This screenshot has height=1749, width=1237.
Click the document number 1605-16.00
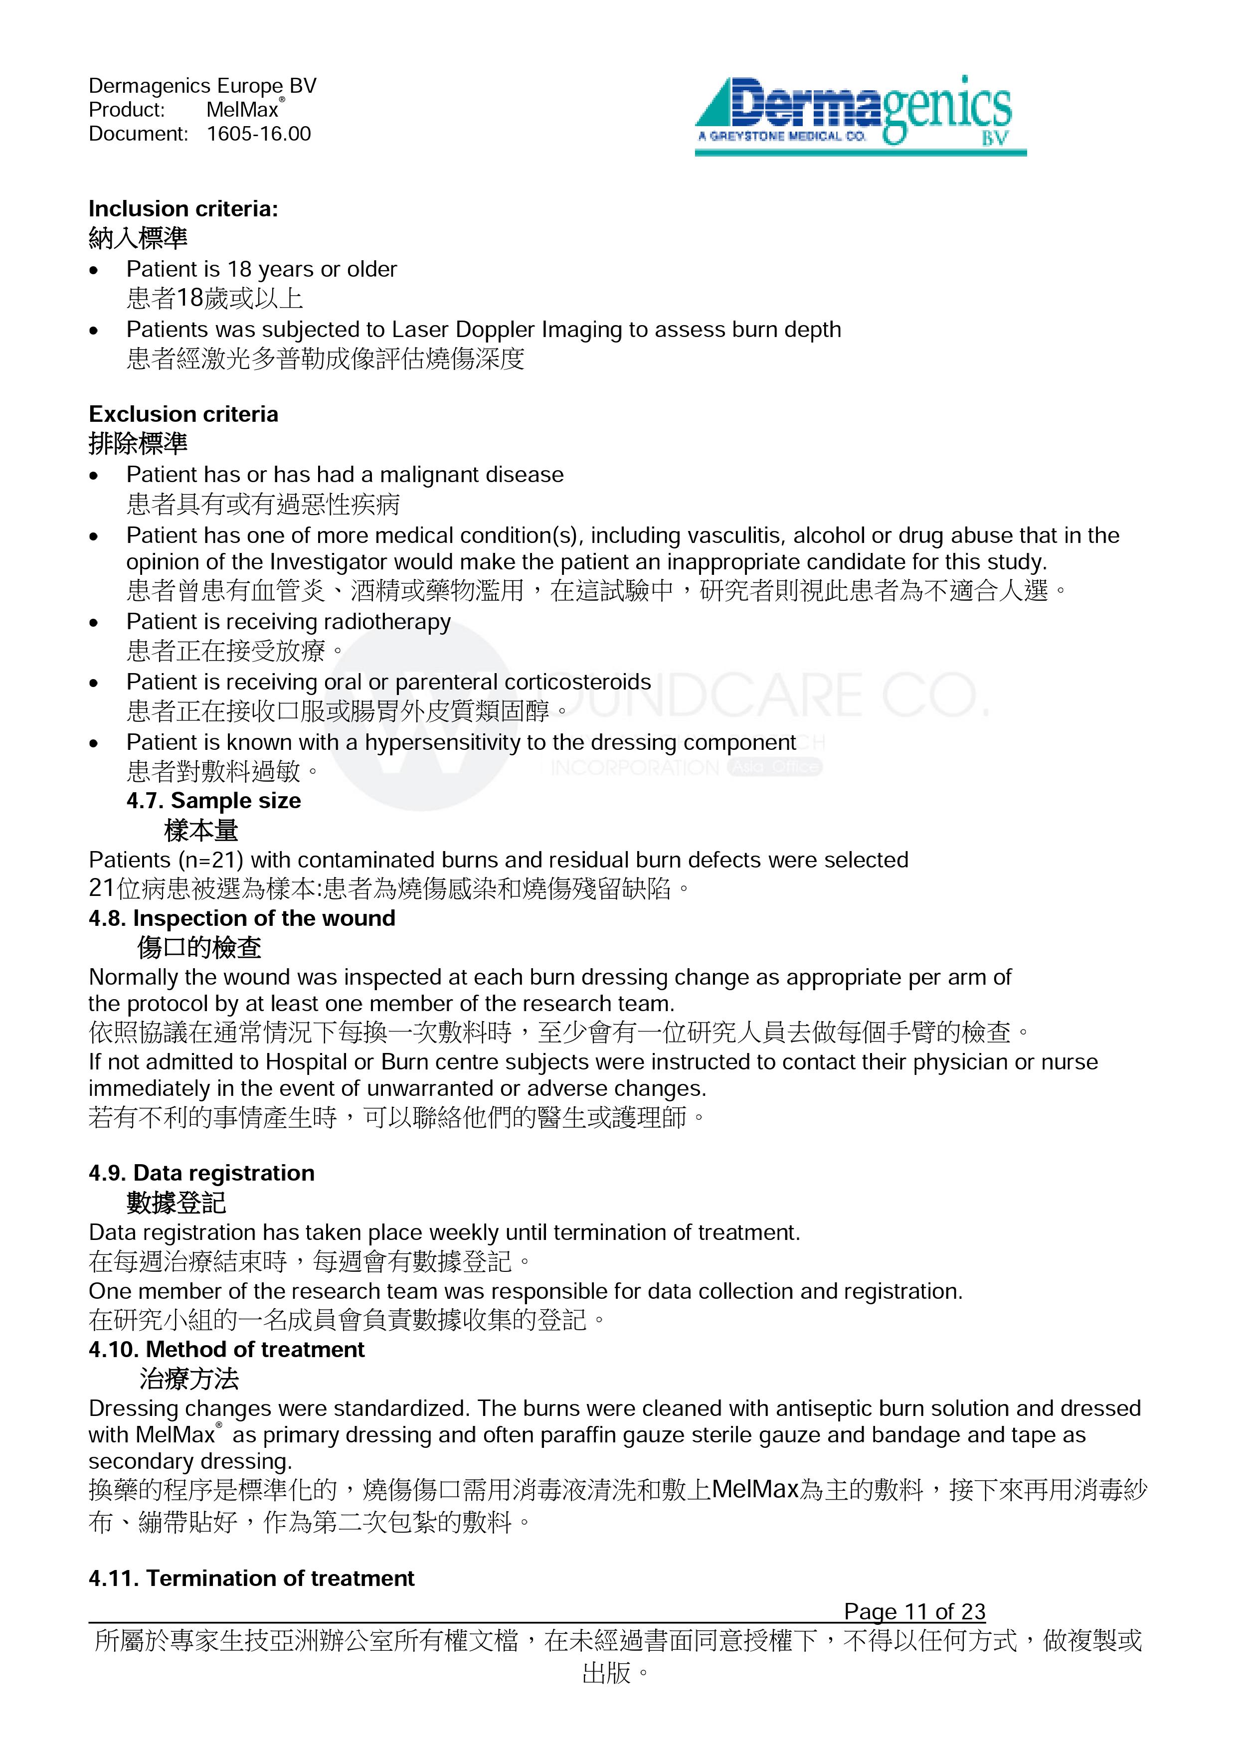pyautogui.click(x=258, y=134)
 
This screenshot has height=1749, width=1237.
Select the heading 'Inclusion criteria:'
pyautogui.click(x=183, y=209)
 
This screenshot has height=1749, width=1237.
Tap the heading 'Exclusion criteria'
pyautogui.click(x=183, y=414)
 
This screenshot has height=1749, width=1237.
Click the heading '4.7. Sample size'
pyautogui.click(x=213, y=801)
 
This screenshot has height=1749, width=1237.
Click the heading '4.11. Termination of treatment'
pyautogui.click(x=251, y=1578)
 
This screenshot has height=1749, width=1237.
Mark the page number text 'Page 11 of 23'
pyautogui.click(x=914, y=1612)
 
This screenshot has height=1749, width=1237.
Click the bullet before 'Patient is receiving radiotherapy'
pyautogui.click(x=94, y=623)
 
